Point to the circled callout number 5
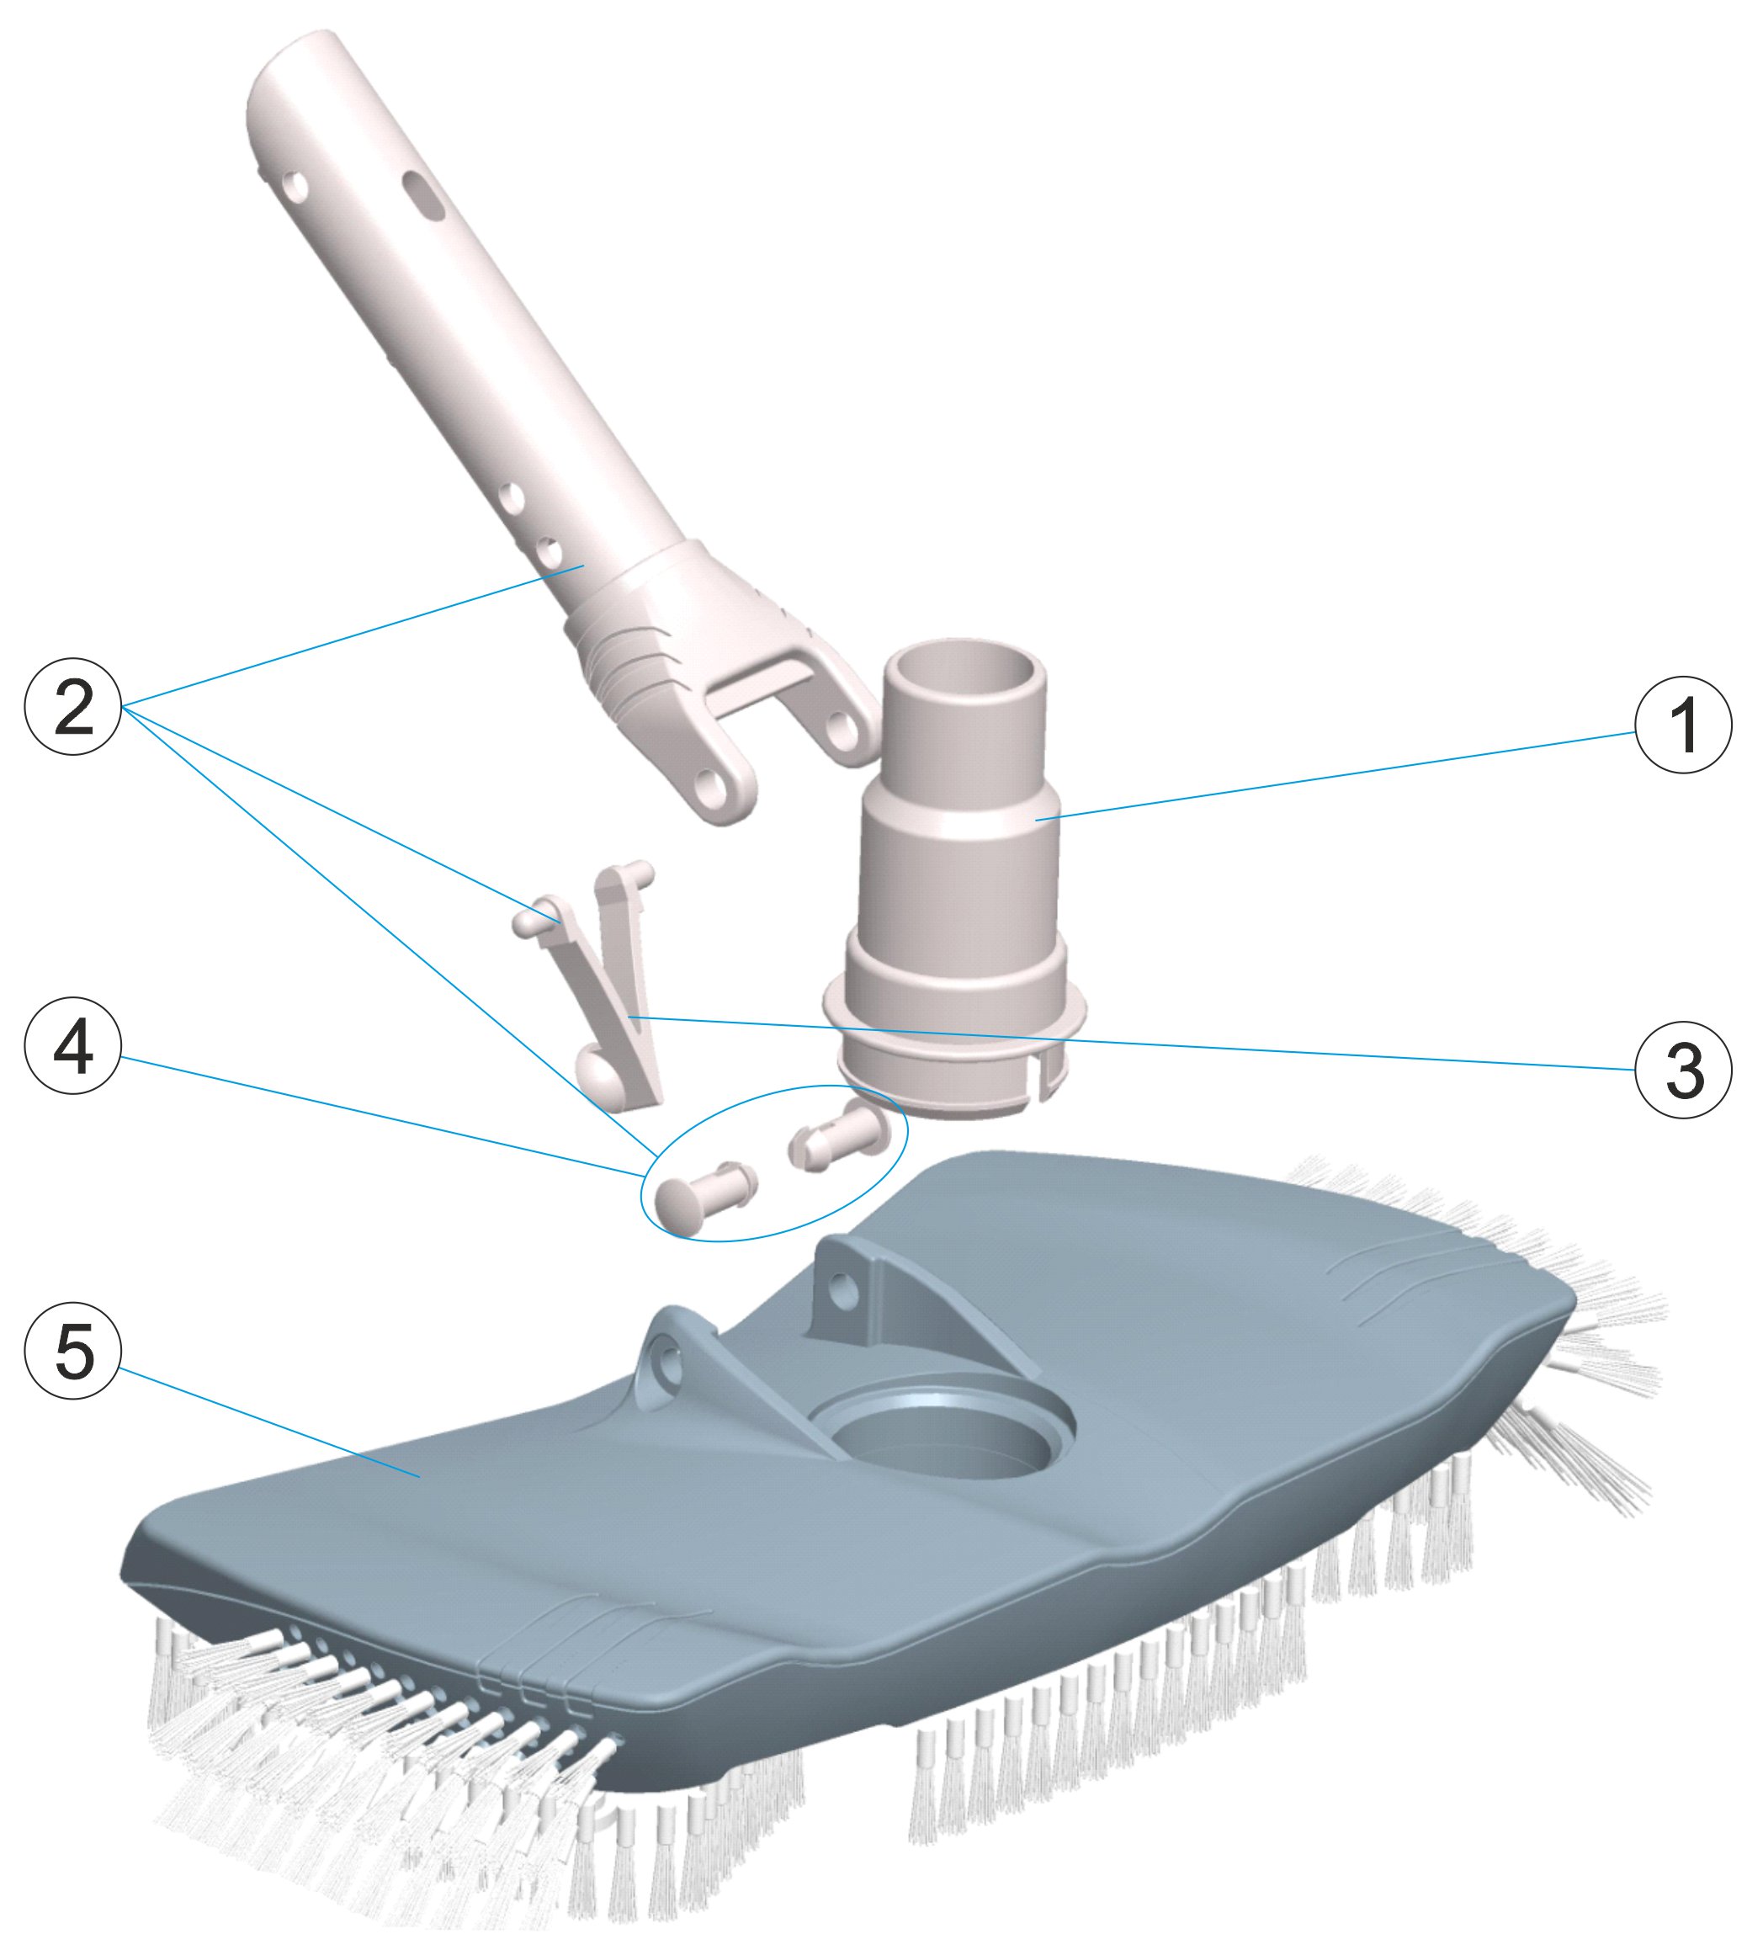[x=73, y=1369]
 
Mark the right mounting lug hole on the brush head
[x=845, y=1283]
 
